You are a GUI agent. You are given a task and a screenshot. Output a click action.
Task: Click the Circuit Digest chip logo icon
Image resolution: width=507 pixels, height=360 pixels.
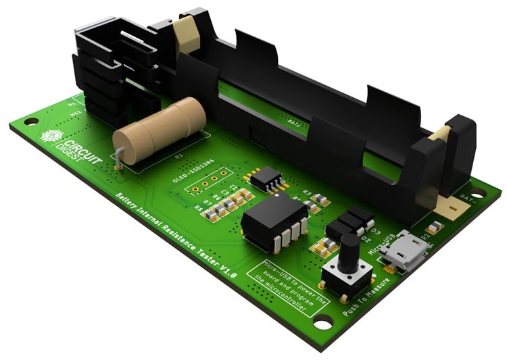[x=50, y=136]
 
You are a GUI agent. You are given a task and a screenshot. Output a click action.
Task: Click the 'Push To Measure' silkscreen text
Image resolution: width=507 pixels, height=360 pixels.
[x=366, y=297]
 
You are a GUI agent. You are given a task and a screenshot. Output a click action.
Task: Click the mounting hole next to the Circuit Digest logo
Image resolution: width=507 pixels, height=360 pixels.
[x=30, y=122]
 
